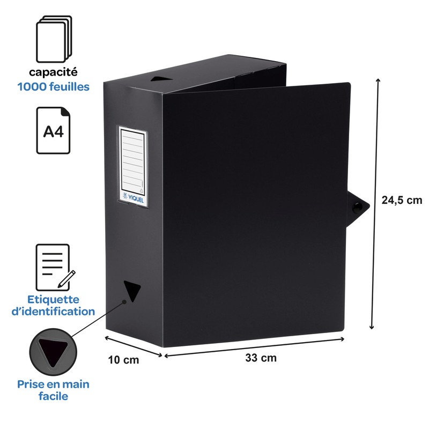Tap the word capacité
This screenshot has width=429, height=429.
coord(53,71)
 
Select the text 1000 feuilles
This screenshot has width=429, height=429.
coord(53,86)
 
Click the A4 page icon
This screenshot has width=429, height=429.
coord(53,130)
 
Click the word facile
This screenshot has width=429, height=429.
coord(53,397)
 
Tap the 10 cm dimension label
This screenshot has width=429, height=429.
coord(123,360)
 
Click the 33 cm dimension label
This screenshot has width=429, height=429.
coord(261,358)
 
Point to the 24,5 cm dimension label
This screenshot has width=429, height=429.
coord(402,201)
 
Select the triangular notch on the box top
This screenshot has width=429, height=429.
coord(160,79)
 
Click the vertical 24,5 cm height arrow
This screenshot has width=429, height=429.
coord(374,204)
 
